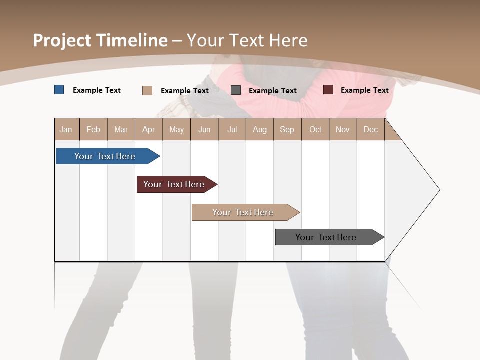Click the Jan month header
coord(66,129)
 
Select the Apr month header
coord(149,129)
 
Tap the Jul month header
coord(232,129)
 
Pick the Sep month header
coord(287,129)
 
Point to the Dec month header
coord(370,129)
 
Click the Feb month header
coord(93,129)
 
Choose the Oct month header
coord(315,129)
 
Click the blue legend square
coord(59,90)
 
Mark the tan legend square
coord(147,90)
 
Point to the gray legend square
coord(236,90)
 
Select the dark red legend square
coord(328,90)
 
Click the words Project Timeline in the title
coord(100,40)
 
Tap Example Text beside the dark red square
coord(364,90)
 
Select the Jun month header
coord(204,129)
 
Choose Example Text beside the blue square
coord(97,90)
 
